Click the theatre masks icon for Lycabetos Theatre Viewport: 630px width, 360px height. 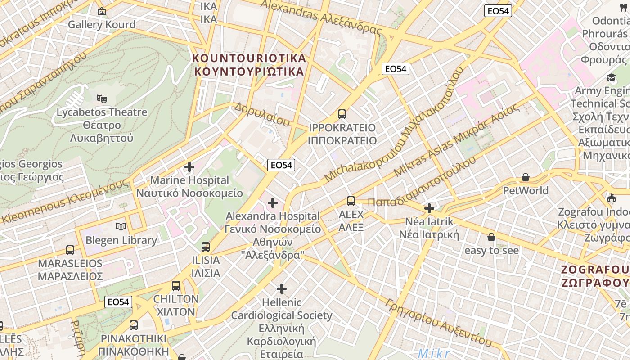pos(101,98)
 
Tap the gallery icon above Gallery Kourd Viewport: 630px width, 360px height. pos(102,11)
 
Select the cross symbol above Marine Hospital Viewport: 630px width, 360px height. pos(189,167)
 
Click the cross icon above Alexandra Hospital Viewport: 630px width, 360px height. pos(273,203)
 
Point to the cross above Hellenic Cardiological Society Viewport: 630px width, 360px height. pos(282,288)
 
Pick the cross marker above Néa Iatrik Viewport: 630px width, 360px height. pos(429,208)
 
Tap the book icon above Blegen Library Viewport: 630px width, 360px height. pos(121,226)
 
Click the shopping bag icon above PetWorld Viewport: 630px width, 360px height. pos(525,178)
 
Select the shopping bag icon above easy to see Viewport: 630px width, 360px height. pos(491,237)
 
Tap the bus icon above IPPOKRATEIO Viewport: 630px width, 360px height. pos(342,114)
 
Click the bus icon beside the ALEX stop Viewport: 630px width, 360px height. pos(351,201)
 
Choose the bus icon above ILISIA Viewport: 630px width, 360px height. pos(206,247)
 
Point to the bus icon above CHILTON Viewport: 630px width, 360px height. pos(176,286)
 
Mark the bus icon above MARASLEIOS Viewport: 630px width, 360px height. pos(70,250)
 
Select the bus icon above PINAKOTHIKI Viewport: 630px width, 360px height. pos(134,325)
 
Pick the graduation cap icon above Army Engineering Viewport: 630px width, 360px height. pos(611,78)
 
